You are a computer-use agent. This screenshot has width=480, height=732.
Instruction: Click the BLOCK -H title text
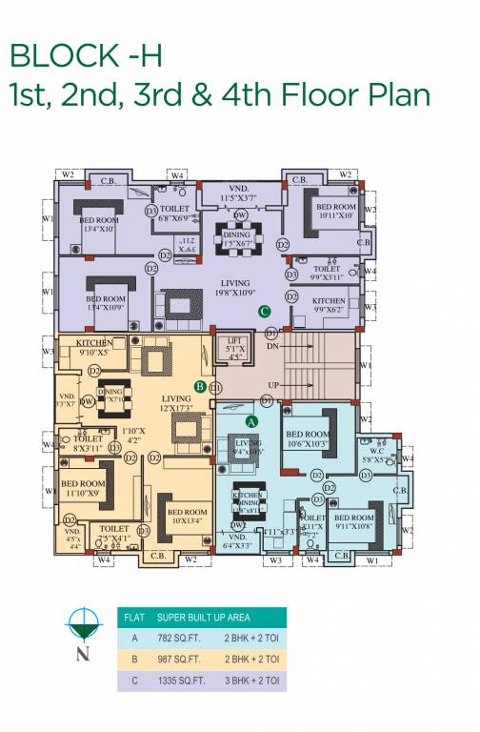click(x=86, y=54)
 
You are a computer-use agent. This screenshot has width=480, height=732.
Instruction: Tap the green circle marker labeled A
click(x=251, y=420)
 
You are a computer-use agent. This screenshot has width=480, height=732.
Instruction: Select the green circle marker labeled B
click(x=200, y=386)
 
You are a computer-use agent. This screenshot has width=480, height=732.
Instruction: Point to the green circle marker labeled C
click(x=265, y=311)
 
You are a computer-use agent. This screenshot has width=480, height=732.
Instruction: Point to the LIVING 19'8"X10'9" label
click(x=235, y=289)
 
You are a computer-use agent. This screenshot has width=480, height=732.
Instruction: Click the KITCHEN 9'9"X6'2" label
click(x=330, y=305)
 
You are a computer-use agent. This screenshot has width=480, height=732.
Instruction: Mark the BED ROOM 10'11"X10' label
click(x=335, y=211)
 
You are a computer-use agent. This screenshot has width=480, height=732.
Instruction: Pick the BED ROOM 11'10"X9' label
click(x=83, y=489)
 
